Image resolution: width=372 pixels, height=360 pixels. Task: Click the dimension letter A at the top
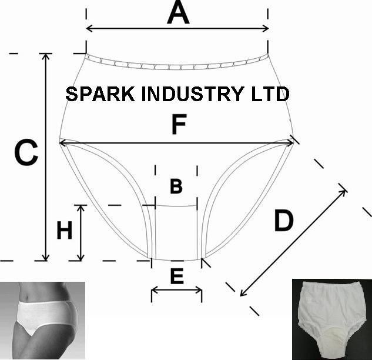pos(178,13)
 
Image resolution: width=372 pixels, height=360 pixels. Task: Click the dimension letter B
pos(176,186)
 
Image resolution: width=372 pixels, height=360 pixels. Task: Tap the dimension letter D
pos(283,222)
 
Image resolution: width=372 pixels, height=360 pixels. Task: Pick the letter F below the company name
pos(178,126)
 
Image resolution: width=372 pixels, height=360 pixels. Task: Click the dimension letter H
pos(64,231)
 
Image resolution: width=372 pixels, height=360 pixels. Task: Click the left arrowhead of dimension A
pos(89,28)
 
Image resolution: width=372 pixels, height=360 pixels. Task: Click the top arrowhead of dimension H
pos(81,207)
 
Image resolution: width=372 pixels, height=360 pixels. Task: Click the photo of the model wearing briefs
pos(42,320)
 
